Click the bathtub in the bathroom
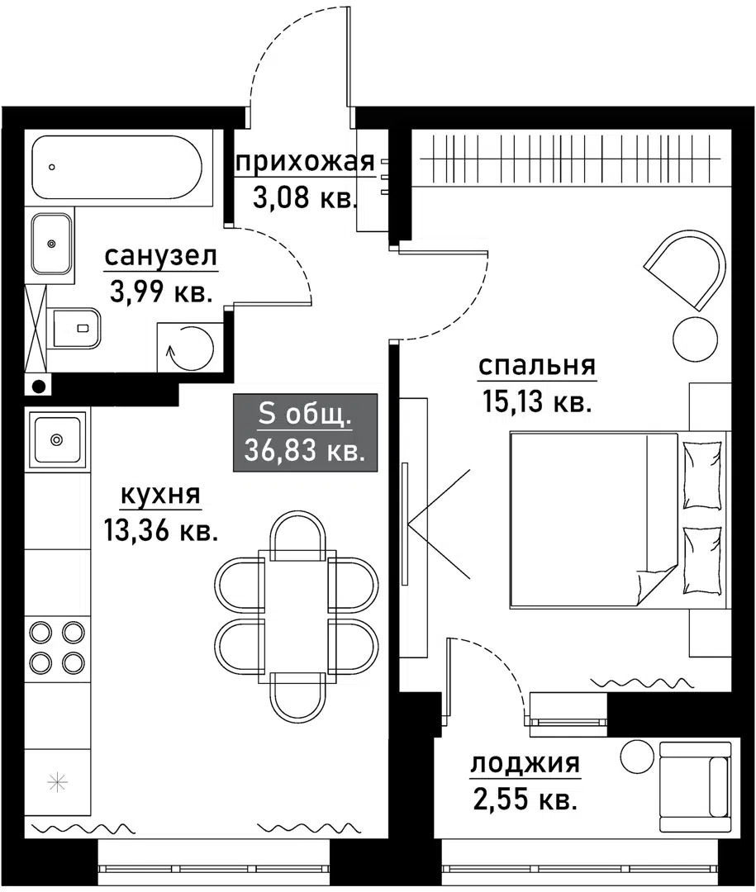pyautogui.click(x=115, y=168)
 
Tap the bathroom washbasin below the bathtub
pyautogui.click(x=52, y=244)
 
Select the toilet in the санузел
pyautogui.click(x=77, y=329)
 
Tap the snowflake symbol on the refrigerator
pyautogui.click(x=57, y=782)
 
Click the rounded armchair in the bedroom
pyautogui.click(x=687, y=270)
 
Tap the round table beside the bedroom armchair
pyautogui.click(x=695, y=338)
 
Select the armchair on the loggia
pyautogui.click(x=695, y=785)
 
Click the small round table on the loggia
pyautogui.click(x=637, y=755)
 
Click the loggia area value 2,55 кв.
pyautogui.click(x=525, y=799)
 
